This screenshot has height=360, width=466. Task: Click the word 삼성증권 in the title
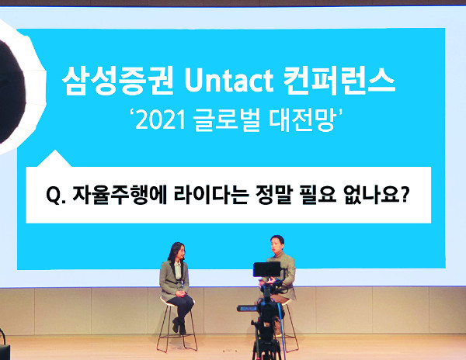118,81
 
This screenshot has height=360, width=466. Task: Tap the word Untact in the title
229,81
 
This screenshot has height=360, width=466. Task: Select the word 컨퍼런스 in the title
339,81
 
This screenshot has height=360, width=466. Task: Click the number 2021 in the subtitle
161,120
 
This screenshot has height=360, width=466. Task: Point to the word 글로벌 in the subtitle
226,120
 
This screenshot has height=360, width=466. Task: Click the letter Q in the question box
53,195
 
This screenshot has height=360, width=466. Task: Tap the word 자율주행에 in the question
120,195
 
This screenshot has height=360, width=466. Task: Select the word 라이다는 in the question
211,195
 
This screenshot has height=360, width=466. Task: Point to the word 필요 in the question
318,195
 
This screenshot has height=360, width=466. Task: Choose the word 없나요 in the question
372,195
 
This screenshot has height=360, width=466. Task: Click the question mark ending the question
404,195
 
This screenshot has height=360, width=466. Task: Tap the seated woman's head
178,251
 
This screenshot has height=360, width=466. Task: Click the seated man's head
277,244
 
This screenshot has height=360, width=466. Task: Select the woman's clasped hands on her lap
180,294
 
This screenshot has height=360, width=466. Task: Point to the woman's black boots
179,327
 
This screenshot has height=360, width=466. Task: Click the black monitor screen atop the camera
267,269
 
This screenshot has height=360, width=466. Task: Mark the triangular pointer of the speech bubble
54,159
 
